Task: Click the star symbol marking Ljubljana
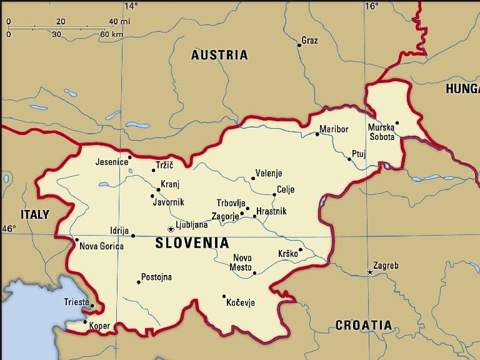tap(171, 229)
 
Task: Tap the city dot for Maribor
tap(317, 134)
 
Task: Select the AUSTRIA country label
tap(219, 55)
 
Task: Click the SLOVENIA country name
tap(192, 243)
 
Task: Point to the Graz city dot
tap(299, 44)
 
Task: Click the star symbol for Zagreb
tap(370, 272)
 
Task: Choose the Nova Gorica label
tap(101, 246)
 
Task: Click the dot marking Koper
tap(85, 322)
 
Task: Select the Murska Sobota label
tap(381, 132)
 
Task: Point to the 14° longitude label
tap(131, 6)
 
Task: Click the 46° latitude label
tap(9, 229)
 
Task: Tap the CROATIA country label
tap(364, 325)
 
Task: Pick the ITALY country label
tap(35, 214)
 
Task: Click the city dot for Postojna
tap(139, 282)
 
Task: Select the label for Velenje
tap(269, 173)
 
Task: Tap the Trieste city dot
tap(92, 306)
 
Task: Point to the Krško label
tap(287, 254)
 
